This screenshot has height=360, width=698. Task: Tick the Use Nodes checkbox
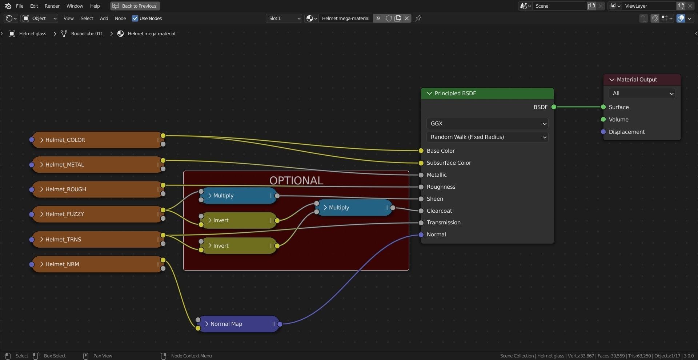click(x=135, y=19)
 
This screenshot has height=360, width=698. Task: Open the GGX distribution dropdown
click(x=487, y=124)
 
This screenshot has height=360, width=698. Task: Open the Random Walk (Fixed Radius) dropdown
click(x=487, y=137)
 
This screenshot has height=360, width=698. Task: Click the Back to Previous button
click(x=135, y=6)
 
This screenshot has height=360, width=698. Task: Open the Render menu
click(x=52, y=6)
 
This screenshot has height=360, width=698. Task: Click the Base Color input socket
click(x=421, y=151)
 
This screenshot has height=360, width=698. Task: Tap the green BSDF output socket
click(x=554, y=107)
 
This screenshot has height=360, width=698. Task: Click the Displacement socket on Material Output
click(x=603, y=132)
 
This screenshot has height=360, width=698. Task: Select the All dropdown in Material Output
click(x=642, y=93)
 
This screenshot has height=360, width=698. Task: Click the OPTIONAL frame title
click(x=296, y=180)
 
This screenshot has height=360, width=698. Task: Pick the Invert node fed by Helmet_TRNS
click(x=238, y=246)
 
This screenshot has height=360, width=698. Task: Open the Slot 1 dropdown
click(x=284, y=19)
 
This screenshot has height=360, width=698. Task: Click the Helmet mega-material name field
click(x=345, y=19)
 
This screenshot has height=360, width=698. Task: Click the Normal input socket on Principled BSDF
click(x=421, y=235)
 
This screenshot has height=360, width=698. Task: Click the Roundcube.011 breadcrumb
click(x=87, y=34)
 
